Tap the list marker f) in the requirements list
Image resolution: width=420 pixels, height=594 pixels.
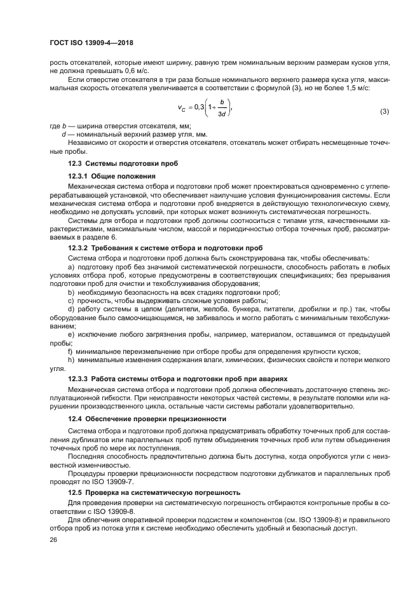(71, 351)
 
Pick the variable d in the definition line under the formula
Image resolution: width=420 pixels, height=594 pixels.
(64, 135)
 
